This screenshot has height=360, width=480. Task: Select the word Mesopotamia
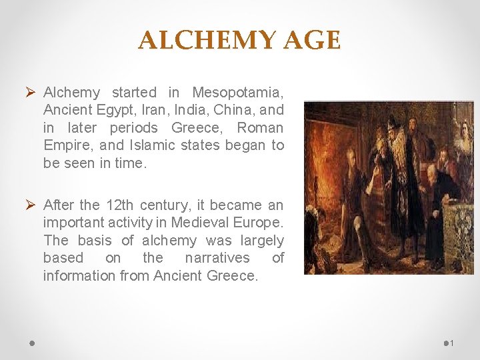click(238, 92)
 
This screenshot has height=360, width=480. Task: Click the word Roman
click(260, 127)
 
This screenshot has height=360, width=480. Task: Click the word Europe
click(256, 222)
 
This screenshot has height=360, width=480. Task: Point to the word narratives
click(217, 257)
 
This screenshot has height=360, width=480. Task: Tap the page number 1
click(451, 343)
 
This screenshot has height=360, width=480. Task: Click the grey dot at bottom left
click(32, 343)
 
